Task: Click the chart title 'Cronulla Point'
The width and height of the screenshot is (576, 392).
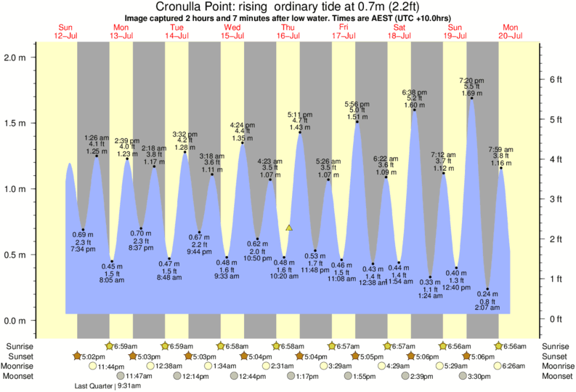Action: pyautogui.click(x=198, y=7)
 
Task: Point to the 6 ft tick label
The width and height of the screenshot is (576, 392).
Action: pyautogui.click(x=555, y=79)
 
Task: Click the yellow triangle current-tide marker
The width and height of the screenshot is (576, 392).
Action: pyautogui.click(x=289, y=228)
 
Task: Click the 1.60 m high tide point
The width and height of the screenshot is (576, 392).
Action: pyautogui.click(x=415, y=110)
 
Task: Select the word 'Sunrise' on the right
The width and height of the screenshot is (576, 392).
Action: pyautogui.click(x=556, y=346)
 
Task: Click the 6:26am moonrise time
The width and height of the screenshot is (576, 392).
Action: pyautogui.click(x=514, y=366)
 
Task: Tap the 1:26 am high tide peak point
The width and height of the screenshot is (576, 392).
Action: pyautogui.click(x=97, y=156)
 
